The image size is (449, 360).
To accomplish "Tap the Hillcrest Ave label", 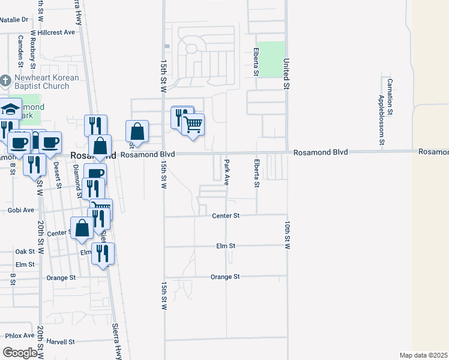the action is [56, 32].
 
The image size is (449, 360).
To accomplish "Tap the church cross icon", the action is [5, 80].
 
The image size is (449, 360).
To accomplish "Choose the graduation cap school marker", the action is [10, 109].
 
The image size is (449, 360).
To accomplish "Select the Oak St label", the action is [25, 251].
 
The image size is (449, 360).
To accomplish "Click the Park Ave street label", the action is [227, 172].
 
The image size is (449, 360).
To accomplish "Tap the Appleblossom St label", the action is [381, 120].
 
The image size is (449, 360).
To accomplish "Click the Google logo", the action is [20, 353].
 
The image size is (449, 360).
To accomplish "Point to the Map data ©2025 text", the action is [423, 355].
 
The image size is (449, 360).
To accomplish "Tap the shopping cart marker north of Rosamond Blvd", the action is [193, 124].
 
